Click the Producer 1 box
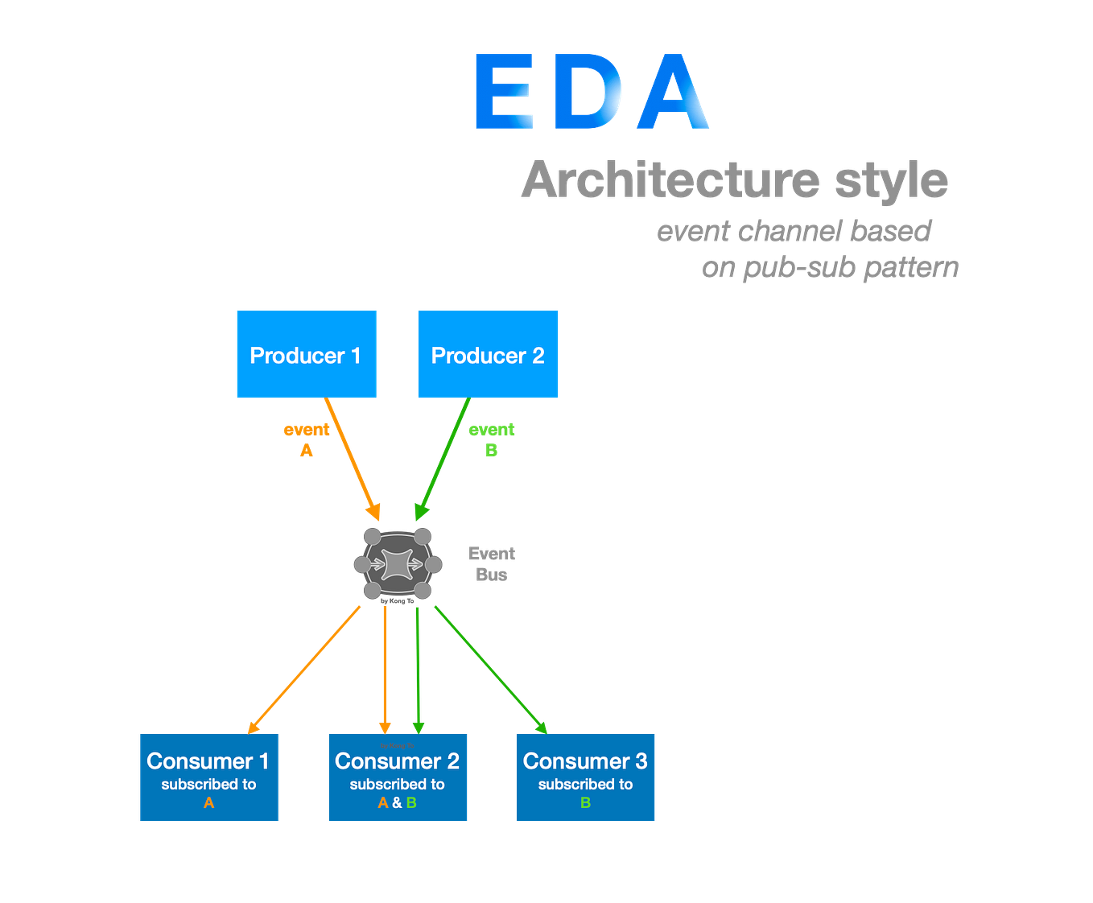[306, 353]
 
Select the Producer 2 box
[488, 353]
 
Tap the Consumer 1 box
[208, 777]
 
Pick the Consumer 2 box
[398, 777]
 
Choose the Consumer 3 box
[585, 777]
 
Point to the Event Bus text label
[492, 564]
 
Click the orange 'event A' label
[306, 439]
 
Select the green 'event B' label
[491, 439]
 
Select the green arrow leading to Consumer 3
[489, 666]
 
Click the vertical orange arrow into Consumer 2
[385, 668]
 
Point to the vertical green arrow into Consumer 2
[418, 668]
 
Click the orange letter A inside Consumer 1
[208, 803]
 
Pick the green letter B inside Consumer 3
[585, 803]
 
